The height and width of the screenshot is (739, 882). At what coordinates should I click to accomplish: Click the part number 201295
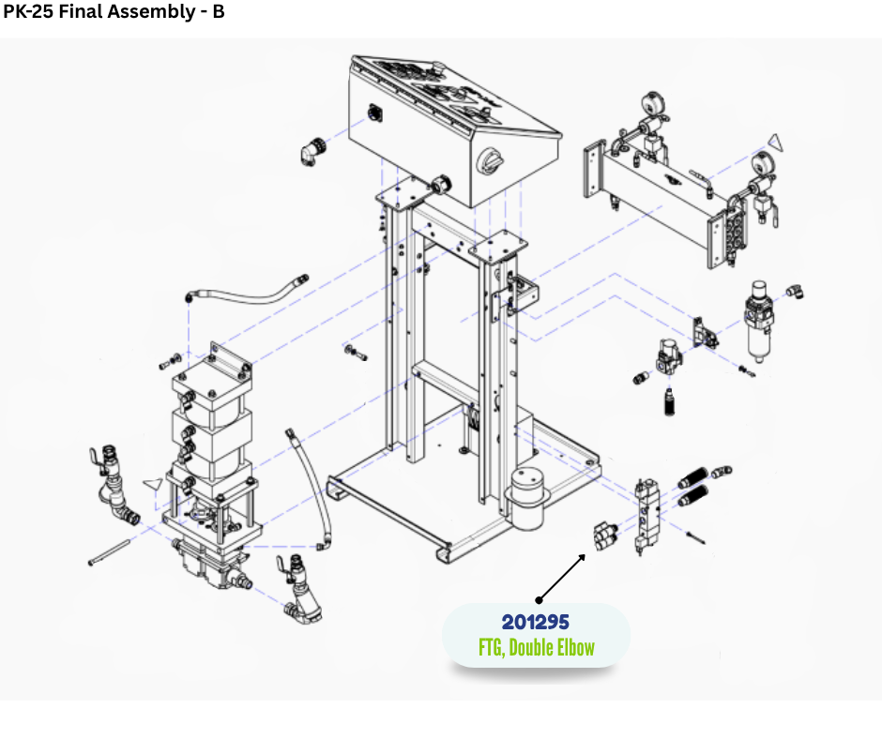pyautogui.click(x=536, y=622)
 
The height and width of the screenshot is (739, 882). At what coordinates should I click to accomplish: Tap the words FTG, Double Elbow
pyautogui.click(x=537, y=647)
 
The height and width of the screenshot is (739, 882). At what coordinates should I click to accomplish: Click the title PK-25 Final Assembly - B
pyautogui.click(x=114, y=11)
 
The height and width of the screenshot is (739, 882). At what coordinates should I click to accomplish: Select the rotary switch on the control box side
pyautogui.click(x=490, y=161)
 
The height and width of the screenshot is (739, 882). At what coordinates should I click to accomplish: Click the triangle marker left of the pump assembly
pyautogui.click(x=153, y=484)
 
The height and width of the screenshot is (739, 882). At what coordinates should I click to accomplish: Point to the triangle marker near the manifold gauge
pyautogui.click(x=776, y=143)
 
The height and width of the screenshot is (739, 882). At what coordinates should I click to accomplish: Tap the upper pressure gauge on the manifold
pyautogui.click(x=652, y=104)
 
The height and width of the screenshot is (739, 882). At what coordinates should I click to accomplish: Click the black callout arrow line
pyautogui.click(x=562, y=578)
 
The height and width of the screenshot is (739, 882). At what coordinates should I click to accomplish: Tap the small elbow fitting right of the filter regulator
pyautogui.click(x=794, y=292)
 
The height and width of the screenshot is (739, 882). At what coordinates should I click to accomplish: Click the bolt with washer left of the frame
pyautogui.click(x=356, y=353)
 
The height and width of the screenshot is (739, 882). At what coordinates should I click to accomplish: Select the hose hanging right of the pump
pyautogui.click(x=309, y=489)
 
